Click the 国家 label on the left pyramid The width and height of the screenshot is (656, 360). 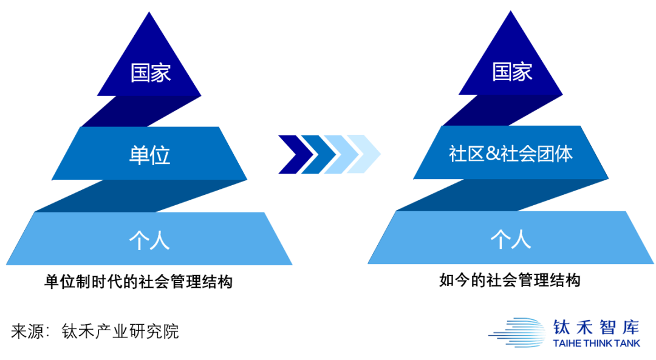[151, 73]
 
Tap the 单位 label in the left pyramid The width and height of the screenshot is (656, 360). [149, 155]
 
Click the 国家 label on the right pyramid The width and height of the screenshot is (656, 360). [511, 72]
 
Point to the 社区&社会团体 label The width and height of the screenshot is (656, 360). [511, 154]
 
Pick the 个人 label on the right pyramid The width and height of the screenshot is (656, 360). [511, 239]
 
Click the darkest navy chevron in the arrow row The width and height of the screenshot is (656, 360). [293, 154]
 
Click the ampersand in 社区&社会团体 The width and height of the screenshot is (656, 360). [491, 154]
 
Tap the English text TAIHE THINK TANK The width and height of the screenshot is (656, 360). [596, 344]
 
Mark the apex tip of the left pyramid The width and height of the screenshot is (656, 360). [149, 13]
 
